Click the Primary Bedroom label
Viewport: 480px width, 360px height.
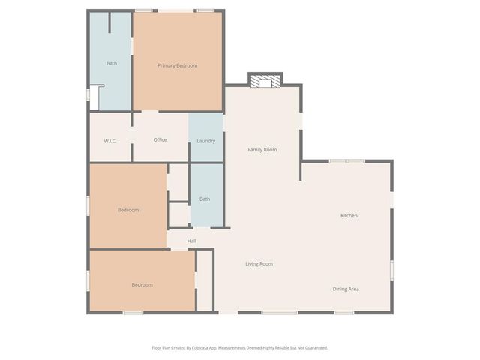177,66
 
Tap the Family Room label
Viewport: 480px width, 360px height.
262,150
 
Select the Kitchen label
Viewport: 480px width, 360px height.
349,216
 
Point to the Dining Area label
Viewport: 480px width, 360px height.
346,289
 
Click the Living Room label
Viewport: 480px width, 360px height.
259,264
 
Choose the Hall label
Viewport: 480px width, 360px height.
192,241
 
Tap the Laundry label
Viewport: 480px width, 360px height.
205,141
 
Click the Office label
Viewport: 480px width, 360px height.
160,140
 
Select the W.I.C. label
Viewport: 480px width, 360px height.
109,141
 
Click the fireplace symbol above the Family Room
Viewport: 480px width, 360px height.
265,80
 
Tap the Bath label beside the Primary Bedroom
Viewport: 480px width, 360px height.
112,63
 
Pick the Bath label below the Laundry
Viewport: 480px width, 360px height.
205,199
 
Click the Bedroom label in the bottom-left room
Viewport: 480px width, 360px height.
142,285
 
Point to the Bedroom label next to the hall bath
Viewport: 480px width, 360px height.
128,210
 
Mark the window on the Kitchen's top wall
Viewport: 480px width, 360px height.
347,160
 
